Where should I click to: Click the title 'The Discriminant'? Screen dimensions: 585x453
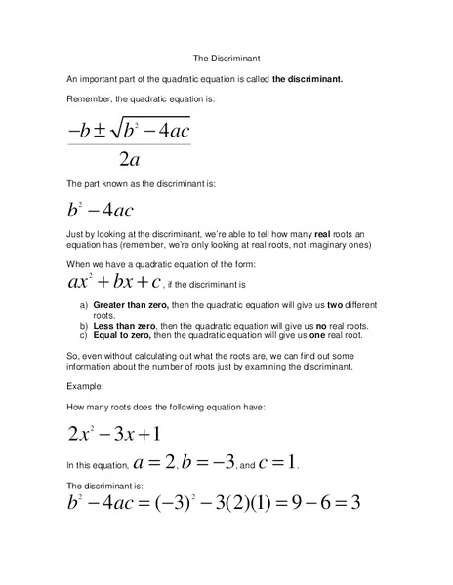226,58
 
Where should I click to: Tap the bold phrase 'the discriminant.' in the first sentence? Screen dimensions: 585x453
308,79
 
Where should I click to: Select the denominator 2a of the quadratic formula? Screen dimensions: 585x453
128,160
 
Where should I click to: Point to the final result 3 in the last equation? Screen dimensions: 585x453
355,503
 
